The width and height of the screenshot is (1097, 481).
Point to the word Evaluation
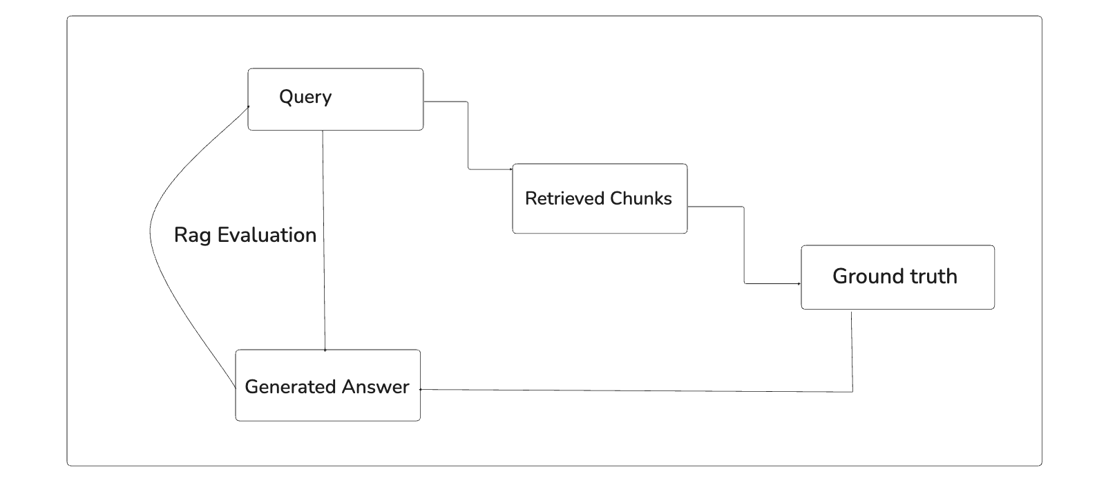(267, 235)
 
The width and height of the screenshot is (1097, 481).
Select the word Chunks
(641, 198)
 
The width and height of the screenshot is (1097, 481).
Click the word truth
(933, 276)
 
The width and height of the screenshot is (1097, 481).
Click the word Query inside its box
(305, 97)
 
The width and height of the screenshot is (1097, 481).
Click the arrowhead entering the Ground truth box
(799, 283)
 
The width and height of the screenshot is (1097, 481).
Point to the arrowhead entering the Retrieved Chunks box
(511, 169)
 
